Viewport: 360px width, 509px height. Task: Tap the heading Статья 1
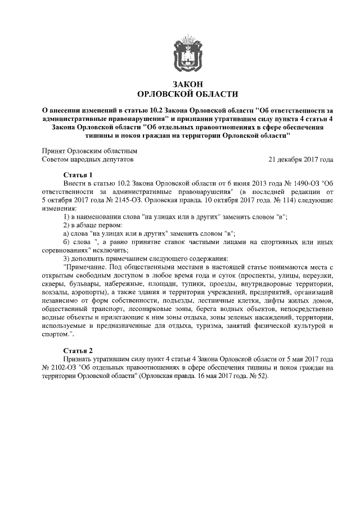(79, 175)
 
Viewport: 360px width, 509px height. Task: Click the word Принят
(53, 151)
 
